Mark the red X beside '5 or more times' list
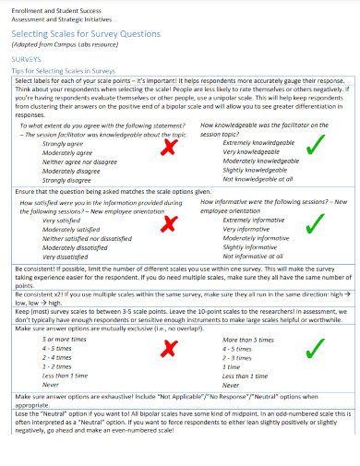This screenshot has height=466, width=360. pos(169,347)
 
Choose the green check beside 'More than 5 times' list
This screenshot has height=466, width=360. pos(314,347)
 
